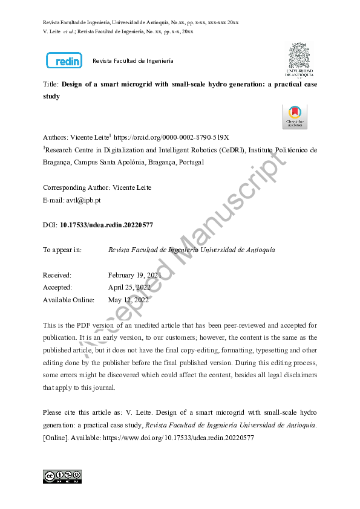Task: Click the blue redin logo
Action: (x=64, y=60)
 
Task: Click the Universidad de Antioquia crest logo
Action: (x=300, y=60)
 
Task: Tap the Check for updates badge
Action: (x=295, y=117)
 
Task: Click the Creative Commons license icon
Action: (x=62, y=476)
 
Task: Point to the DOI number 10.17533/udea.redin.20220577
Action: (x=106, y=225)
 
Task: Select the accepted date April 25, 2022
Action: (x=129, y=287)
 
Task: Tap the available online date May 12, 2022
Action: (x=128, y=299)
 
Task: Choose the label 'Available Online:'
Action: (x=68, y=299)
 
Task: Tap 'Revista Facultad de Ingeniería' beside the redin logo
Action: (x=133, y=61)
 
